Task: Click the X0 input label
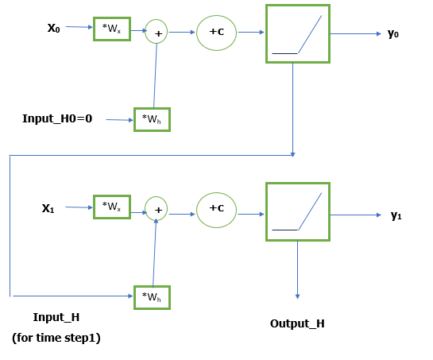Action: (x=54, y=28)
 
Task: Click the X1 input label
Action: (x=48, y=208)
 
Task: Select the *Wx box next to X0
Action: (x=111, y=29)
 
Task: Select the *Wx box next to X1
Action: (x=111, y=207)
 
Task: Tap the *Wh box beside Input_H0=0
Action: (x=152, y=119)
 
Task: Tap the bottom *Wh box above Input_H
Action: (x=152, y=296)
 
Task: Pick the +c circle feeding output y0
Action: (x=216, y=32)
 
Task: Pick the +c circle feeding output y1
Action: (x=216, y=209)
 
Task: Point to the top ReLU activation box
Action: (x=297, y=33)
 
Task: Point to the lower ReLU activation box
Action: (x=297, y=211)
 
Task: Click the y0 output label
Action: (x=392, y=33)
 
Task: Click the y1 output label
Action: (x=396, y=215)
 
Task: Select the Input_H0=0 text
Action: (x=57, y=118)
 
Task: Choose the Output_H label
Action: (x=297, y=323)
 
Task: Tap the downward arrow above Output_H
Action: (x=297, y=270)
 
